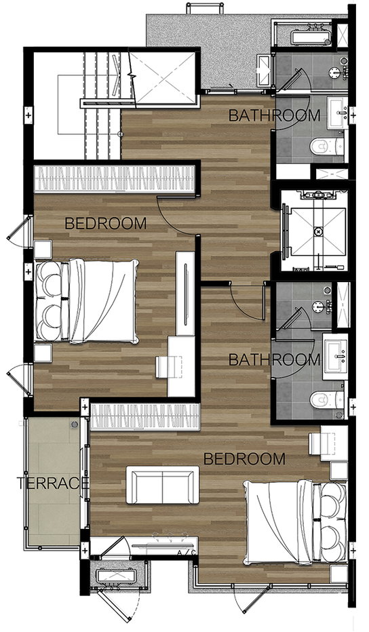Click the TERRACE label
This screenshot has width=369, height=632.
point(52,483)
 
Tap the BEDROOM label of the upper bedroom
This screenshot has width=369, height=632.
point(106,223)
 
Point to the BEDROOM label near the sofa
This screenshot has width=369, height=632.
point(244,458)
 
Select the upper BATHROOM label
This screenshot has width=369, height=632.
point(274,115)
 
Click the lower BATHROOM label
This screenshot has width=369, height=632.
point(274,359)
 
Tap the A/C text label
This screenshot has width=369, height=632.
point(187,553)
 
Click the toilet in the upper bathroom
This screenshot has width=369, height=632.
point(328,146)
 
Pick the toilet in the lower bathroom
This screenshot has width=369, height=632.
point(328,399)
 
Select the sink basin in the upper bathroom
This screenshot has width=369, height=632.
point(338,113)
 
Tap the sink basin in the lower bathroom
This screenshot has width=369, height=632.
point(335,357)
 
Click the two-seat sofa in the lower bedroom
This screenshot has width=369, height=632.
point(163,485)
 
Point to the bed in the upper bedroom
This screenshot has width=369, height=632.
point(87,301)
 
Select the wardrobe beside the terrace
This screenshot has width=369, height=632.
point(145,417)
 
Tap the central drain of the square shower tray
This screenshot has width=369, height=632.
point(319,232)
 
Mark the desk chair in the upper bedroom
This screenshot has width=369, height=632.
point(163,367)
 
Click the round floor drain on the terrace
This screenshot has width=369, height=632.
point(75,424)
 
